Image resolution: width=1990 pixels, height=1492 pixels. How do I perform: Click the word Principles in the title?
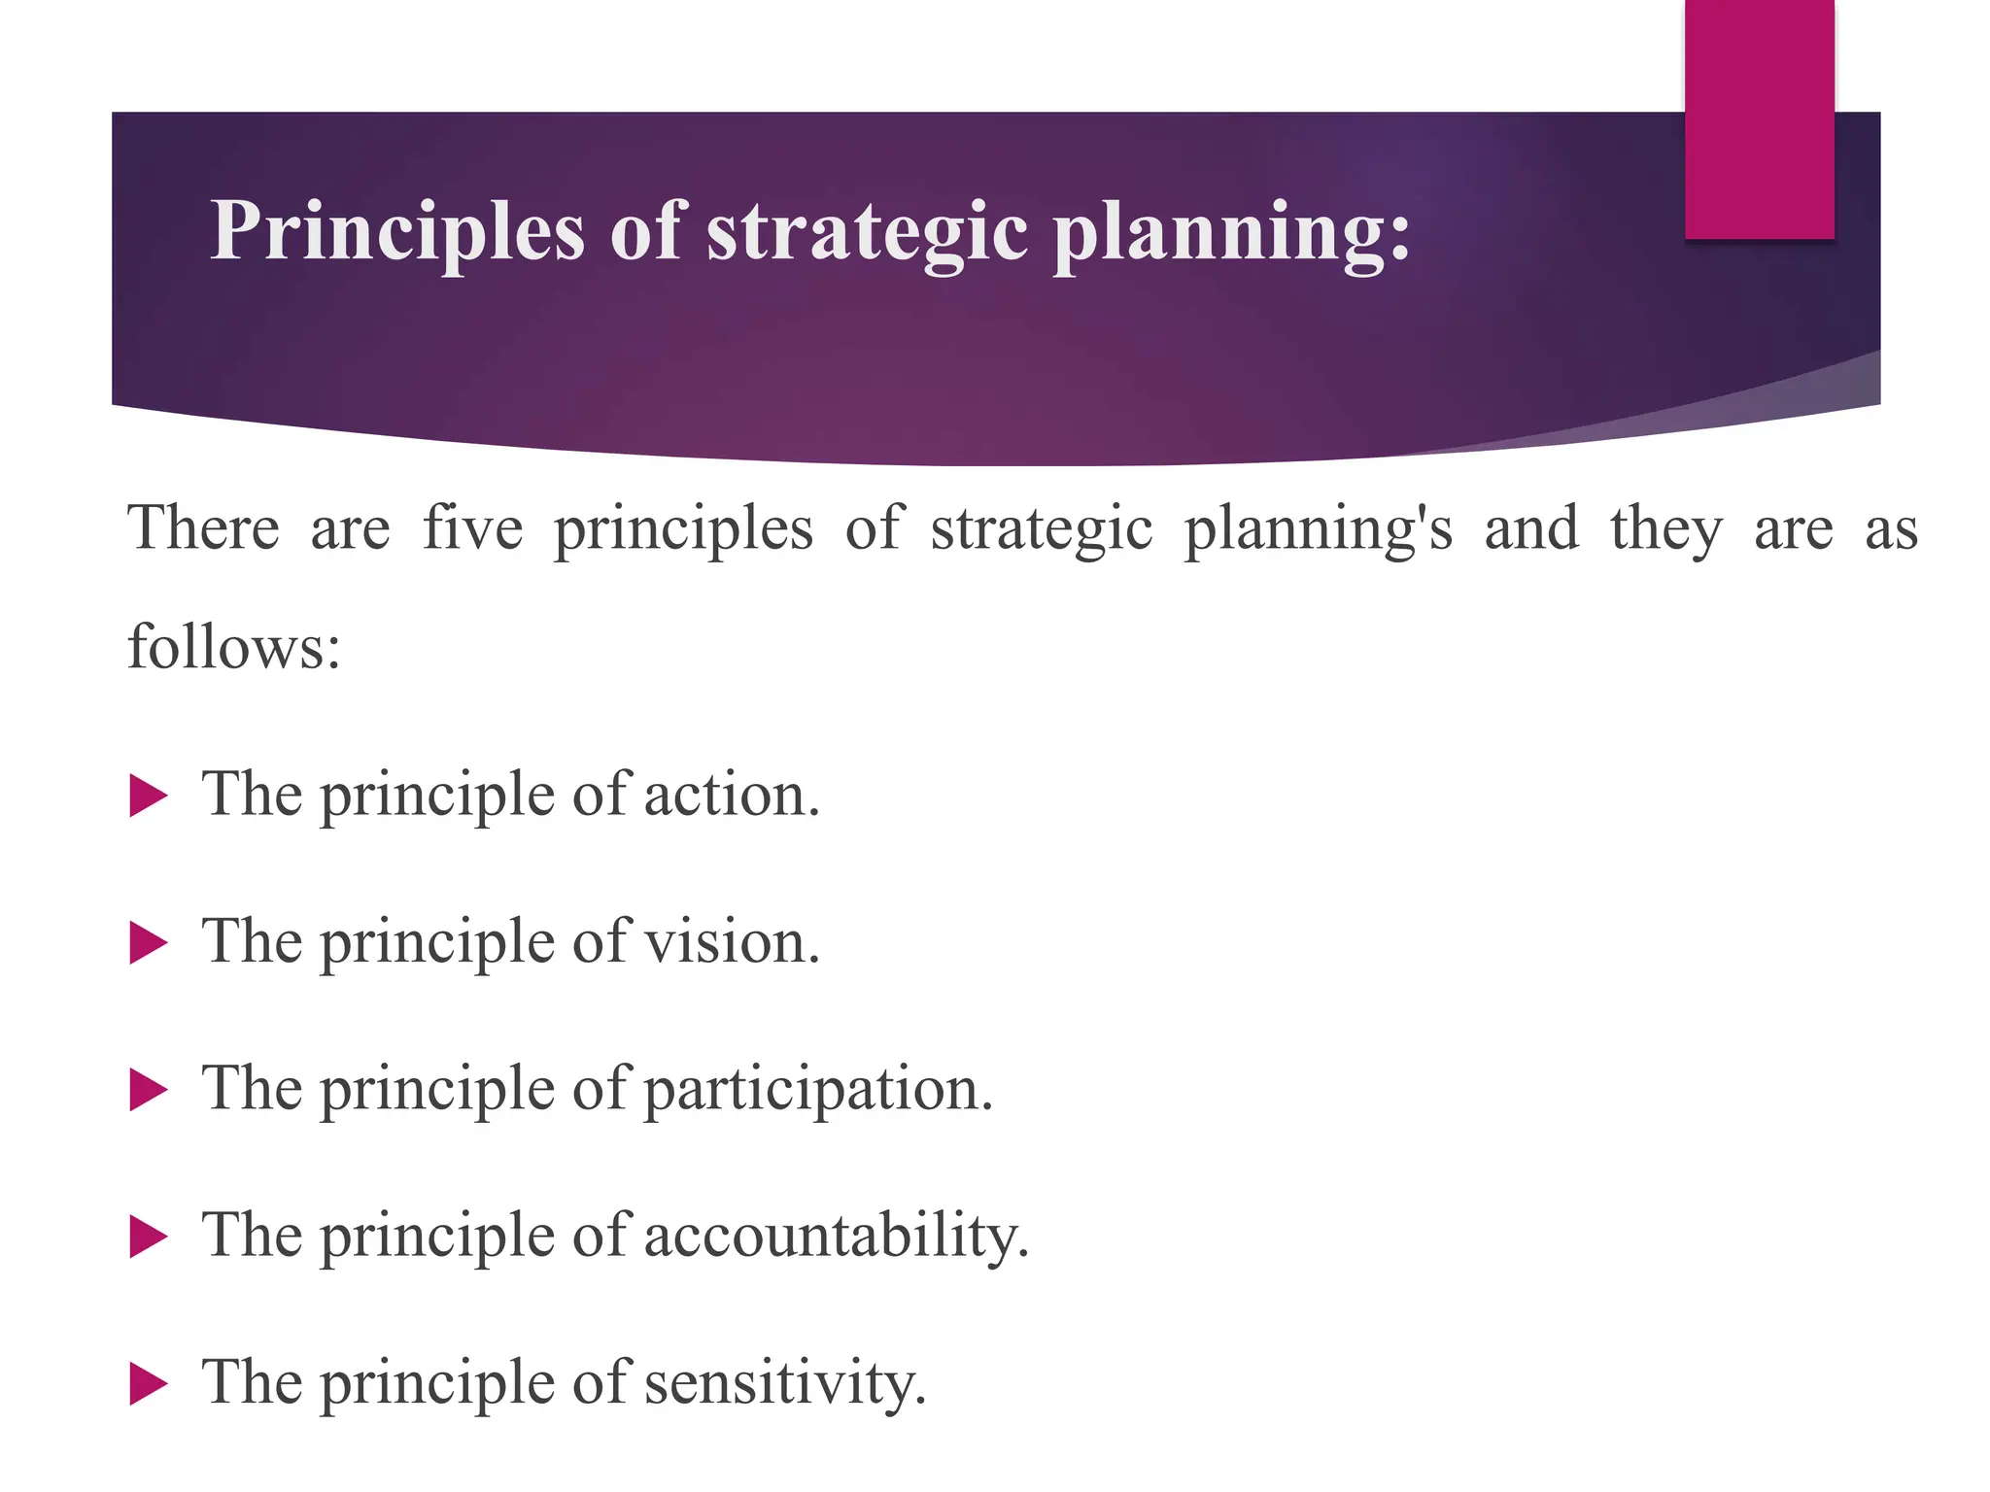coord(397,231)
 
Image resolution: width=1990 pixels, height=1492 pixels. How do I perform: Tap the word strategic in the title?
coord(867,231)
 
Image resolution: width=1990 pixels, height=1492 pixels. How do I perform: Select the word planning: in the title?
coord(1232,231)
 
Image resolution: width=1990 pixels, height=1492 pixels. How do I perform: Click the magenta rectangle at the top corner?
coord(1759,119)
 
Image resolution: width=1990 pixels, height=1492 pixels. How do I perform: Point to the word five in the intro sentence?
coord(473,528)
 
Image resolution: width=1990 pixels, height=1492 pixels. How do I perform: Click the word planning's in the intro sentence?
coord(1318,530)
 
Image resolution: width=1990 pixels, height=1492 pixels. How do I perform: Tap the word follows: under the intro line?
coord(234,647)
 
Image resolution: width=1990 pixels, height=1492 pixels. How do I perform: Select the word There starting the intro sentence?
coord(204,528)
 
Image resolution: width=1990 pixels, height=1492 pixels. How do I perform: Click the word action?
coord(732,796)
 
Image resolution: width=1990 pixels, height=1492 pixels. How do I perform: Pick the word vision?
coord(733,942)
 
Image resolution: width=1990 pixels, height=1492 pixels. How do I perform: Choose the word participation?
coord(818,1090)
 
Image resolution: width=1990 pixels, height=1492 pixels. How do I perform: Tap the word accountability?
coord(836,1237)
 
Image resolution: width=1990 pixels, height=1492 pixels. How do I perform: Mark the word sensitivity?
coord(785,1383)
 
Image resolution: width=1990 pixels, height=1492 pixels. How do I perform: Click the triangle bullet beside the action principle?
coord(148,797)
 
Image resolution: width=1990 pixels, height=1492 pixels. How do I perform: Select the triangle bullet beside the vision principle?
coord(148,943)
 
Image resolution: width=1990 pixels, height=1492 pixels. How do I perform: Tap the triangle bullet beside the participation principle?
coord(148,1090)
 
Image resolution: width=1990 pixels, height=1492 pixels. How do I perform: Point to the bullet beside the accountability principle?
coord(148,1238)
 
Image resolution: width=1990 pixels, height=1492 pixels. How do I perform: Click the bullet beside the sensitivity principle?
coord(148,1384)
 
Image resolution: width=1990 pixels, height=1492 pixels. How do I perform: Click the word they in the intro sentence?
coord(1665,530)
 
